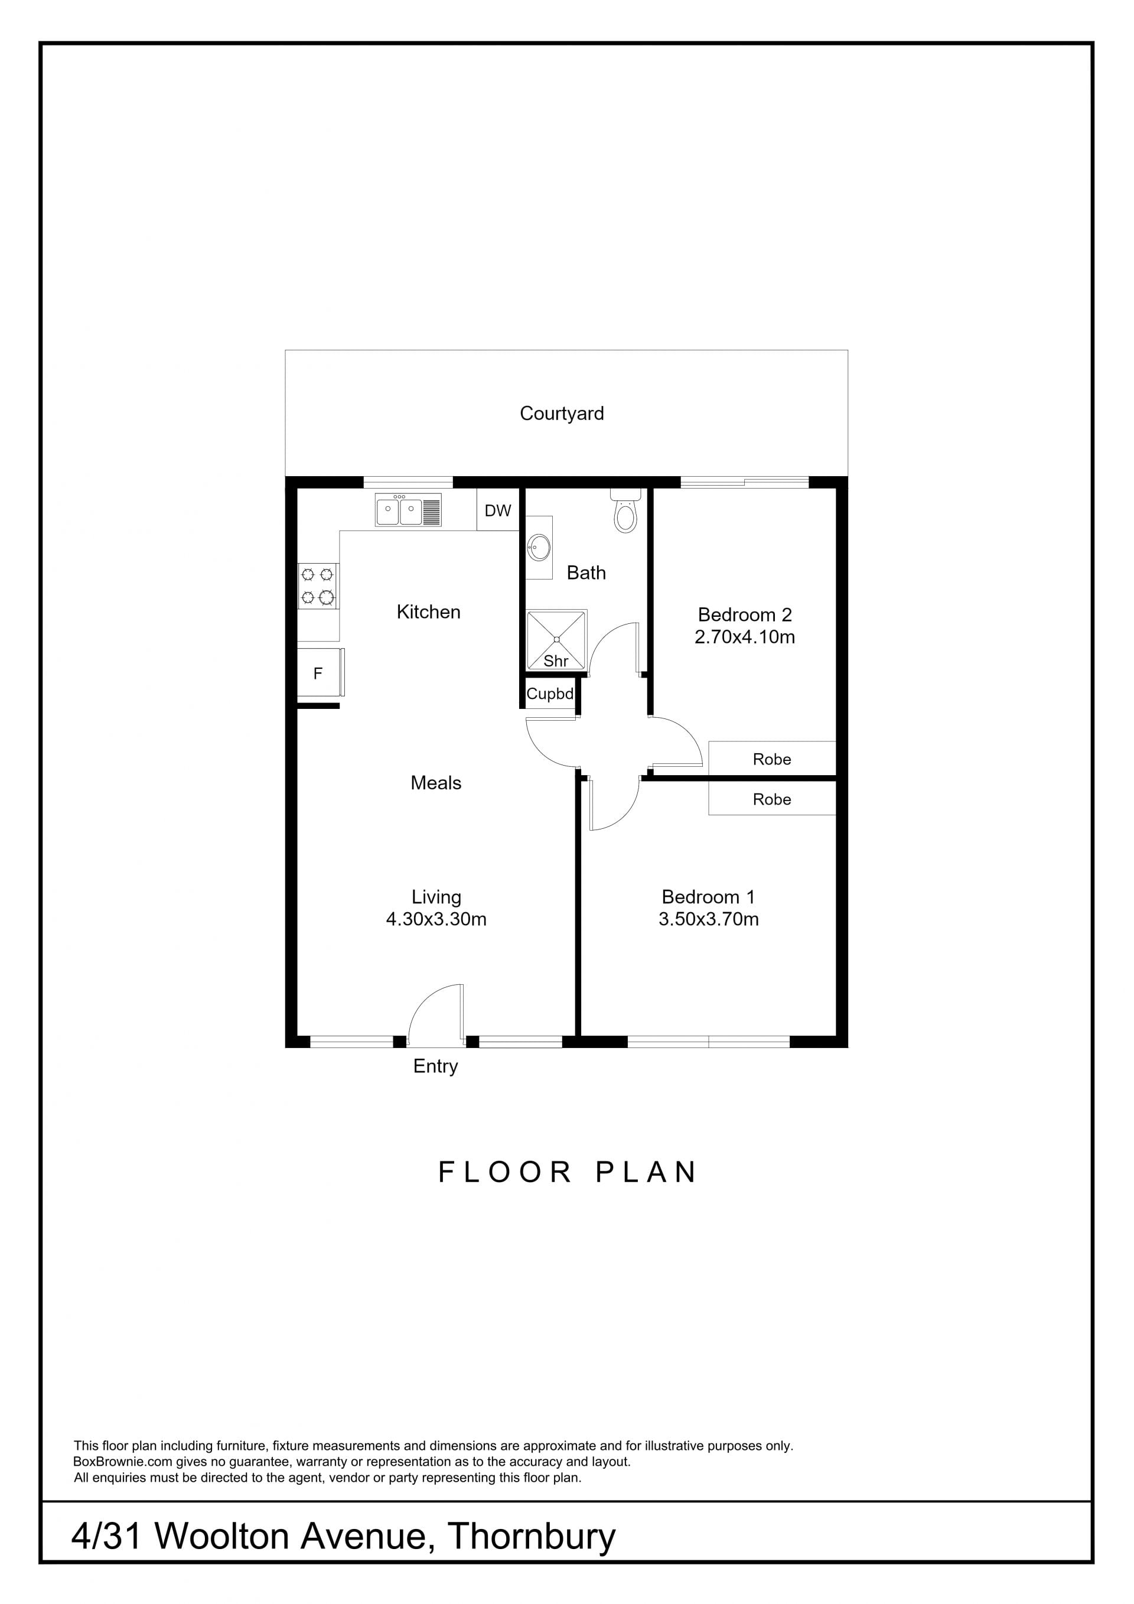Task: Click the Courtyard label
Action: coord(562,414)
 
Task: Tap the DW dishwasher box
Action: coord(498,510)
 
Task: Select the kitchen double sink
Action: coord(408,510)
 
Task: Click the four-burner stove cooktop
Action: coord(318,585)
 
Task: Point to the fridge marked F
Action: coord(320,673)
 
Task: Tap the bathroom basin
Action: coord(539,547)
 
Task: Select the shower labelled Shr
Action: coord(556,639)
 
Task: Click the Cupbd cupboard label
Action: coord(550,694)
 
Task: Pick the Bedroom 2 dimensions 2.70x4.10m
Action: coord(744,637)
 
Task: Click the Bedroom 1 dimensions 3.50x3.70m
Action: coord(708,919)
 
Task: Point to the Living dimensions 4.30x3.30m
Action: coord(436,919)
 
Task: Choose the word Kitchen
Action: coord(428,612)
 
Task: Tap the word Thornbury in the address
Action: coord(532,1536)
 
